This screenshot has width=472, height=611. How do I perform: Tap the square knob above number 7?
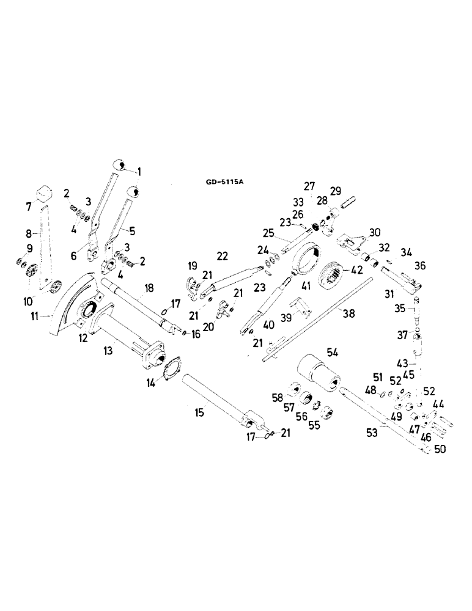(43, 192)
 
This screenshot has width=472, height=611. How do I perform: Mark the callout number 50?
(440, 449)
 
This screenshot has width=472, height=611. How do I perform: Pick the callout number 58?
(278, 398)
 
